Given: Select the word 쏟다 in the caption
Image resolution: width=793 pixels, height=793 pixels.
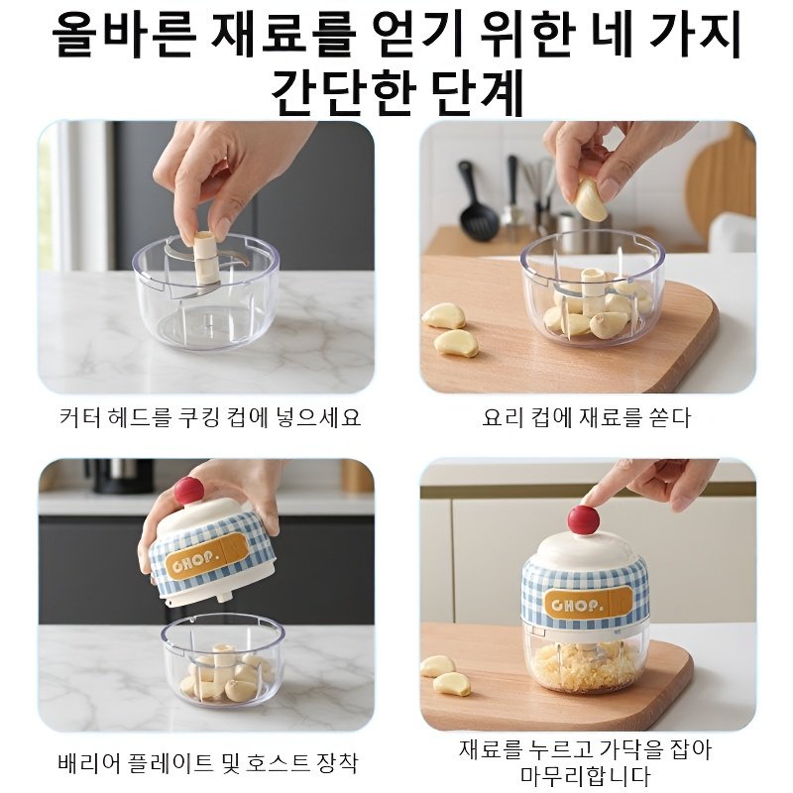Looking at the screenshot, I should click(667, 417).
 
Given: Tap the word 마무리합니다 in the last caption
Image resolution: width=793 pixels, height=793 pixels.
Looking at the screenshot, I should click(585, 775).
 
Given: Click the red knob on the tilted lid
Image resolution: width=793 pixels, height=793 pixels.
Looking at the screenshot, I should click(188, 489).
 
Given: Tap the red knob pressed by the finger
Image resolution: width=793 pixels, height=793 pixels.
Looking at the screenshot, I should click(582, 519).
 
